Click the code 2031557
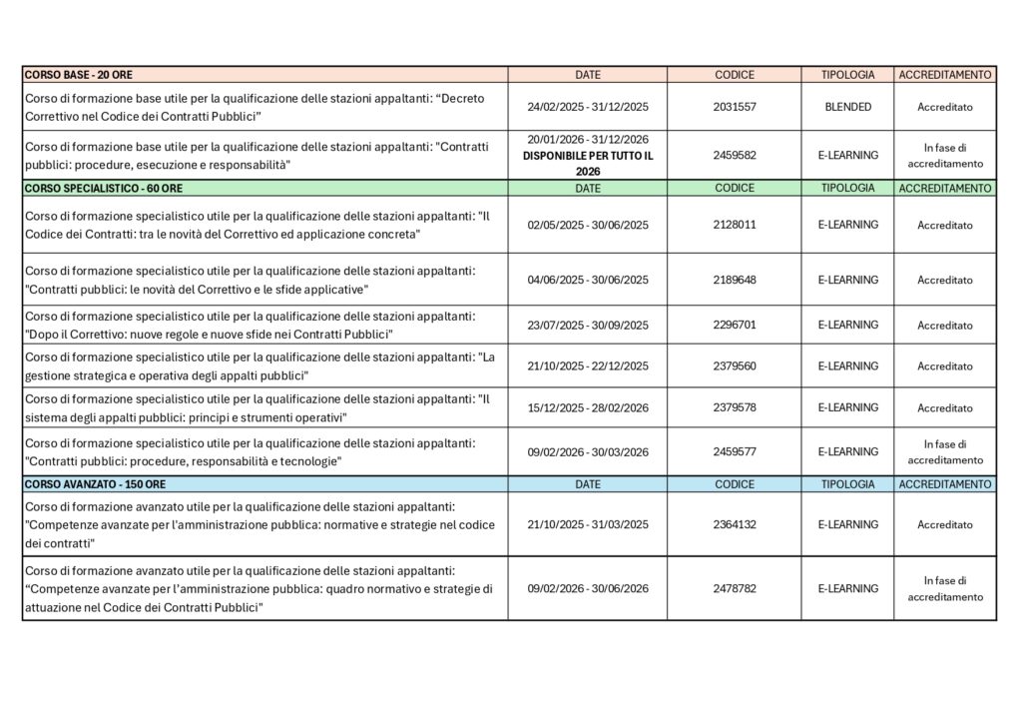[x=735, y=107]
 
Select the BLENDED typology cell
[x=847, y=107]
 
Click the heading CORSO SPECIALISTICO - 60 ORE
[x=104, y=188]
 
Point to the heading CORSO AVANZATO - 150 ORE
[x=95, y=484]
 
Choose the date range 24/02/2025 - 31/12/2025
[x=587, y=107]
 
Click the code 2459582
[x=735, y=156]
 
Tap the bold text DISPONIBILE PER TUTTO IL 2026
[x=587, y=163]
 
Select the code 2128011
[x=735, y=225]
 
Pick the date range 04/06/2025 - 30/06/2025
[x=587, y=280]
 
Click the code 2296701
[x=735, y=325]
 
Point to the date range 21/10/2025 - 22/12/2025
[x=587, y=365]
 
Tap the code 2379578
[x=735, y=407]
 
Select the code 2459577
[x=735, y=451]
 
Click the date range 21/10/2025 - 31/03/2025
[x=587, y=524]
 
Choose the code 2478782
[x=735, y=588]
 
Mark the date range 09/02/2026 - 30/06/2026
[x=587, y=588]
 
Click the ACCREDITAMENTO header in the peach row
[x=944, y=75]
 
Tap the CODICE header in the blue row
[x=735, y=484]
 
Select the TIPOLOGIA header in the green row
[x=847, y=188]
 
